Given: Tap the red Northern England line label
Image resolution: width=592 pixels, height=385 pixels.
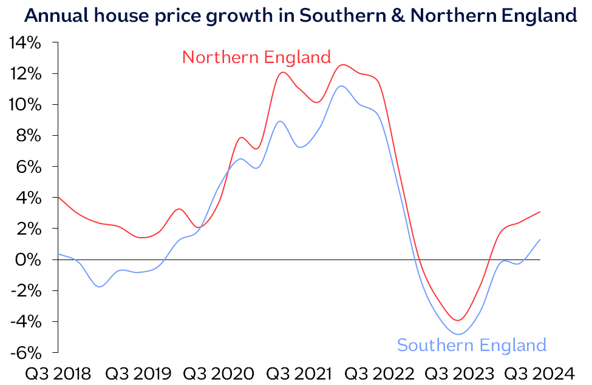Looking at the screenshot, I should tap(256, 57).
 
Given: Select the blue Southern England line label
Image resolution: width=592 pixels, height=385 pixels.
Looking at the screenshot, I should tap(471, 346).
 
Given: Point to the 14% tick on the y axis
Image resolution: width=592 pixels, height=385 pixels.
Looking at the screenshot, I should tap(24, 43).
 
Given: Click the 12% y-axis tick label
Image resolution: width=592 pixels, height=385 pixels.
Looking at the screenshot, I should tap(24, 74).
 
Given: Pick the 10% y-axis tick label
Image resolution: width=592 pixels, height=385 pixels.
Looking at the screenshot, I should tap(24, 105).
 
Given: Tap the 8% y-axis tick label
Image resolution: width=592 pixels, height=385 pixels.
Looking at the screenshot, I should tap(28, 136).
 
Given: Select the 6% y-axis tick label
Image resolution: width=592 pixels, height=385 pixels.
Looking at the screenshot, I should tap(28, 167).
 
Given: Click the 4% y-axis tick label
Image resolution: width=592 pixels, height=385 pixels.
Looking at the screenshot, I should tap(28, 198).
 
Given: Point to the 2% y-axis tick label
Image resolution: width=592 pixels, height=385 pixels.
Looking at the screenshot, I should tap(28, 229).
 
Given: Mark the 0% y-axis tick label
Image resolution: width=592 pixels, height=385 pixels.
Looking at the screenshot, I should tap(28, 259).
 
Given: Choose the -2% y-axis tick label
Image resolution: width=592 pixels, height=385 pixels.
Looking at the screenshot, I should tap(26, 290).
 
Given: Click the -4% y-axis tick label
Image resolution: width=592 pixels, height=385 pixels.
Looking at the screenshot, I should tap(26, 321).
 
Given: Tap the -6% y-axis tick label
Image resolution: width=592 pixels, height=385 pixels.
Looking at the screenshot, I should tap(26, 352).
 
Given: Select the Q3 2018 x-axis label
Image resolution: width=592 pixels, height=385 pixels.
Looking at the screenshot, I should tap(58, 372).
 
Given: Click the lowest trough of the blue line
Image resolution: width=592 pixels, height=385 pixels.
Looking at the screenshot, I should tap(458, 334).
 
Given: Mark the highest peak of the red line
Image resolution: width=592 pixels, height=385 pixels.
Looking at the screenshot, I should tap(343, 65).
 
